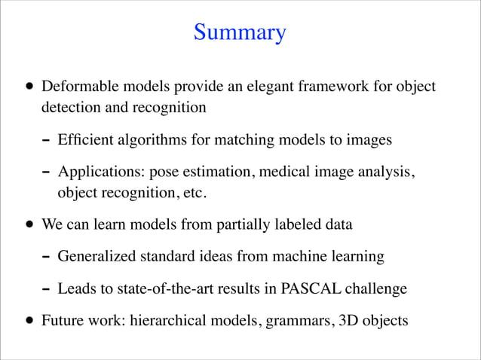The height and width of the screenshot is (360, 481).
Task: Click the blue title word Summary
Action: (240, 33)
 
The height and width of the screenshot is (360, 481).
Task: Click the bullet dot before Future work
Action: (28, 321)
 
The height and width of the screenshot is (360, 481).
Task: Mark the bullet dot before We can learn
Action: (28, 224)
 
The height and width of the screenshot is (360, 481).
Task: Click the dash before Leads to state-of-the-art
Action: (47, 289)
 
